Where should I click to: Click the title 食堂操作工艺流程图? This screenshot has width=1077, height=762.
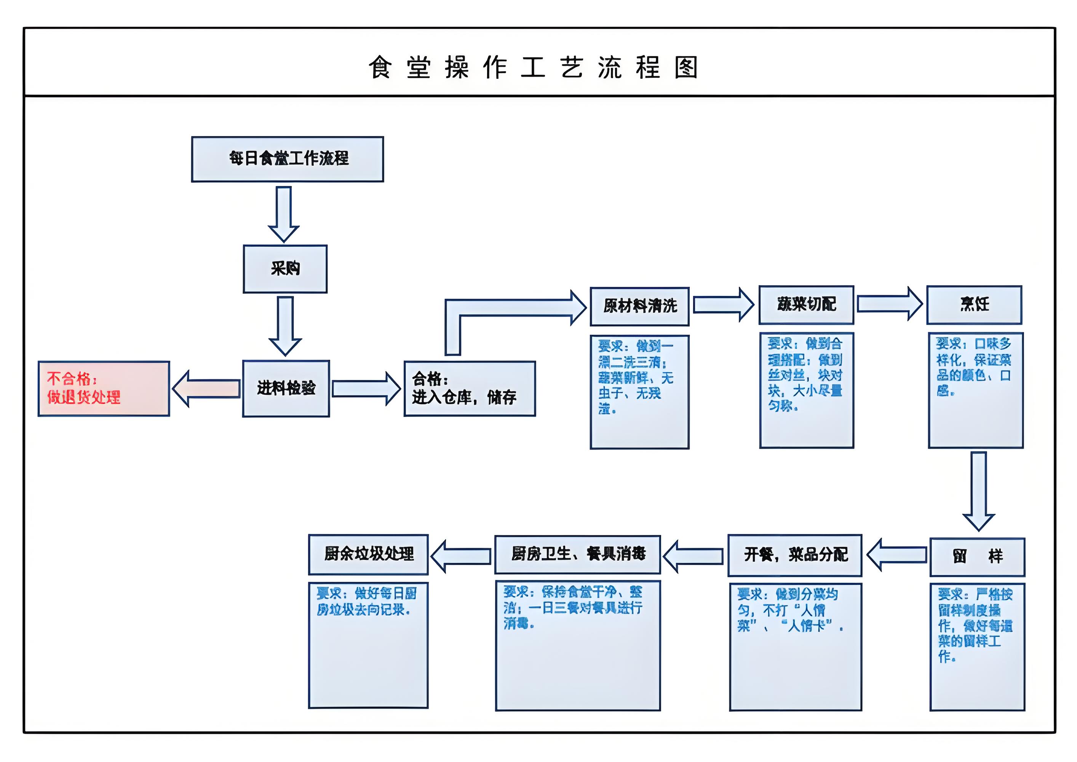pos(533,67)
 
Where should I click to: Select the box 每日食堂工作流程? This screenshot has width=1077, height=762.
pos(287,159)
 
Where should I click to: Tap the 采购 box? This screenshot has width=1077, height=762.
pos(285,269)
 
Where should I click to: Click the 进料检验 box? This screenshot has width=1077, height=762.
pos(286,389)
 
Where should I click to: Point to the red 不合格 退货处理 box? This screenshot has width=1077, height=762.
pos(104,389)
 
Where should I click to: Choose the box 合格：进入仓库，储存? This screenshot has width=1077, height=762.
pos(469,389)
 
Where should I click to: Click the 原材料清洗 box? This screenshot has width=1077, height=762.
pos(639,306)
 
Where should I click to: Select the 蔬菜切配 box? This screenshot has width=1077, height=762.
pos(806,304)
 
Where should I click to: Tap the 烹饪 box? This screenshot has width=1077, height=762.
pos(974,304)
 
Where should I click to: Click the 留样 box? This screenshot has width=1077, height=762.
pos(977,557)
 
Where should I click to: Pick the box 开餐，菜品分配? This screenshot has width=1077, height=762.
pos(795,555)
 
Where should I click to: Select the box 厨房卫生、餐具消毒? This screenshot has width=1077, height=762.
pos(577,554)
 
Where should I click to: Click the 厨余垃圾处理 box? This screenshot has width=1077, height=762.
pos(368,554)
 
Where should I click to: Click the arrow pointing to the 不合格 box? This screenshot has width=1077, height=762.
pos(206,389)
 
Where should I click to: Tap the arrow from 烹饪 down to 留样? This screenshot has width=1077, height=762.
pos(978,490)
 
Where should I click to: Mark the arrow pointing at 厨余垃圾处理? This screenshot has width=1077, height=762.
pos(461,556)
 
